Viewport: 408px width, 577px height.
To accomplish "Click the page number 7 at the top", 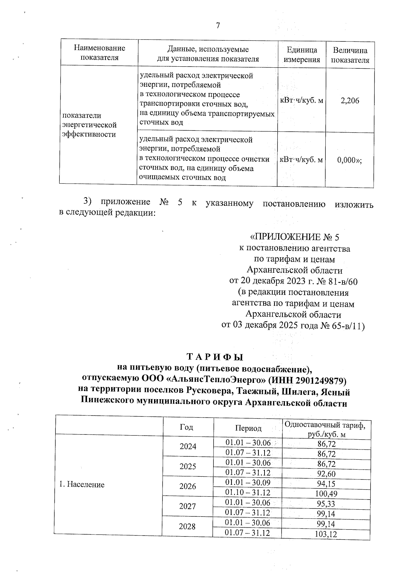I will click(218, 26).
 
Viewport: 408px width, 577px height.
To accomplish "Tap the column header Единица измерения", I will click(302, 55).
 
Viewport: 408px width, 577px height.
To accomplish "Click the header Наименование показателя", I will click(100, 53).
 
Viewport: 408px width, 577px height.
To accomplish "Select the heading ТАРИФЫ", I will click(215, 357).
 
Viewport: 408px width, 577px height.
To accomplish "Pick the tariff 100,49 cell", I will click(326, 494).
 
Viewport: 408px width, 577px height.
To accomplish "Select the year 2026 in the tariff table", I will click(188, 486).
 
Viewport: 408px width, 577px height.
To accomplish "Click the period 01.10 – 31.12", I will click(248, 493).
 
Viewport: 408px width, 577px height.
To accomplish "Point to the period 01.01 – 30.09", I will click(248, 483).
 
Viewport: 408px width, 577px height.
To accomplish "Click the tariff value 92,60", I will click(326, 474).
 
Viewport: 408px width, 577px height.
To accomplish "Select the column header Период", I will click(248, 428).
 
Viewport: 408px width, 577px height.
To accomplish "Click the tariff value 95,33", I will click(326, 504).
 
